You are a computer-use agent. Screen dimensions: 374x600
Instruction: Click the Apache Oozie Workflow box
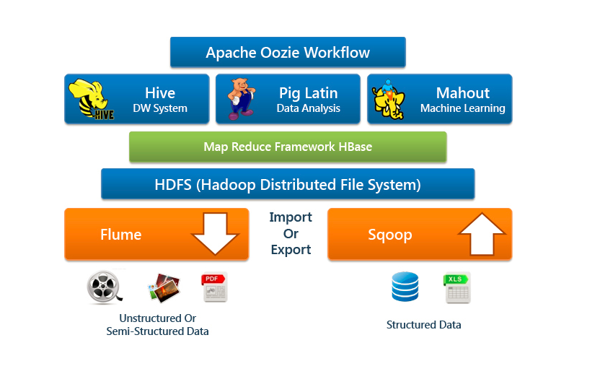(x=288, y=53)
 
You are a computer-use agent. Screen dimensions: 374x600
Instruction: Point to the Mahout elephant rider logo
(x=391, y=99)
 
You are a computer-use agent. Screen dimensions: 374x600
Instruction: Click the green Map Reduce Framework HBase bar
(x=288, y=147)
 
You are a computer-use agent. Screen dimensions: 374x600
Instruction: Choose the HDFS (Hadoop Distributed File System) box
(x=288, y=184)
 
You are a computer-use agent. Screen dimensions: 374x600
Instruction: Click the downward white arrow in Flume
(x=215, y=233)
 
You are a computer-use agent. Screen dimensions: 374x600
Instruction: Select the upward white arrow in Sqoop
(x=481, y=233)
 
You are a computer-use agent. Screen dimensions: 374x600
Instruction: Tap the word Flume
(x=120, y=234)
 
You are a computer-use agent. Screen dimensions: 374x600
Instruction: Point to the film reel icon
(x=103, y=287)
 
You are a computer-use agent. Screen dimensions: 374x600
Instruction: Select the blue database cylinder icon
(x=405, y=287)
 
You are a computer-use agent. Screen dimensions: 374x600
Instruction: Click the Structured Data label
(x=423, y=325)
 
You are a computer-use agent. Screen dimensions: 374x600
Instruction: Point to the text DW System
(x=160, y=108)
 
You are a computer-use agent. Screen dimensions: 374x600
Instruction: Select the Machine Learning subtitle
(x=462, y=108)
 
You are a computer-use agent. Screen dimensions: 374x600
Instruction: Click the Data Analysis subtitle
(x=308, y=108)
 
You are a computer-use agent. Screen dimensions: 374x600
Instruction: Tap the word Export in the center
(x=291, y=250)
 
